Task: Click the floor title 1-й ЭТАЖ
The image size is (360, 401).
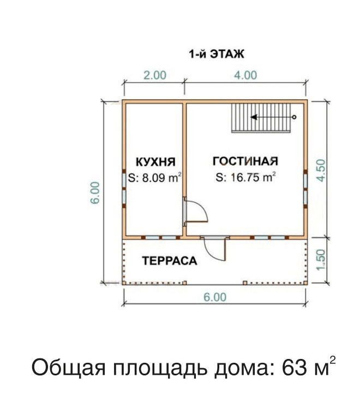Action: coord(217,54)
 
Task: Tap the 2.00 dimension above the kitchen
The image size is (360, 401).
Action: coord(155,75)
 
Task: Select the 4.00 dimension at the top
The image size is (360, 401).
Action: coord(245,75)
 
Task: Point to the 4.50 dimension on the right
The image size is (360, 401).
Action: coord(321,170)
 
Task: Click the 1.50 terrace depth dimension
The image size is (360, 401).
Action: coord(321,259)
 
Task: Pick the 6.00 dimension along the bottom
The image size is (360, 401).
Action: coord(215,297)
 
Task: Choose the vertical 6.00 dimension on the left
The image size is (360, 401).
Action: coord(95,193)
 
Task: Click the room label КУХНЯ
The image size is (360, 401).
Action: coord(155,162)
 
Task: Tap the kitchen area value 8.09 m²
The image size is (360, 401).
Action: coord(155,178)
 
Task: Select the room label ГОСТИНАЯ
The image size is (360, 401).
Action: coord(245,161)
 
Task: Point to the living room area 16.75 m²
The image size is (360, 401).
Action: coord(245,177)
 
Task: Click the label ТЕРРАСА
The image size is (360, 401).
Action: coord(170,261)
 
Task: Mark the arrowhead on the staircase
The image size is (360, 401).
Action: coord(254,117)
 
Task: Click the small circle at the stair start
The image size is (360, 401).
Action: coord(294,117)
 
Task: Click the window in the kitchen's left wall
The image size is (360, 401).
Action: coord(124,188)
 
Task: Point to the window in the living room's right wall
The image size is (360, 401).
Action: coord(305,188)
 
